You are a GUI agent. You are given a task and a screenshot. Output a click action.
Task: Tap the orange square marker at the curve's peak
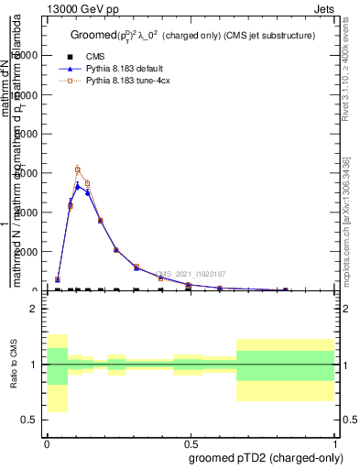coord(78,169)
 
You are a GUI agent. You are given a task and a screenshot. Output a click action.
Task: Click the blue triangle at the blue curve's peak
coord(78,185)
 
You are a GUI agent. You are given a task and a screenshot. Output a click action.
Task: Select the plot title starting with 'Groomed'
coord(192,35)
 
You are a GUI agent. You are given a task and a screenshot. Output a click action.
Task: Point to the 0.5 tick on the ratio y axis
coord(29,420)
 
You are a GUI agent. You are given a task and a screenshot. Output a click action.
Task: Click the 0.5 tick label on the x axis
coord(191,442)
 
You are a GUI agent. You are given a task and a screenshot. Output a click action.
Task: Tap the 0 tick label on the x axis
coord(47,442)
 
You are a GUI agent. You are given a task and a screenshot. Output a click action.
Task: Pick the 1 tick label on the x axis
coord(335,442)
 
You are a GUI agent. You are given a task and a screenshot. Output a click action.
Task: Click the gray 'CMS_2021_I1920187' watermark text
coord(190,274)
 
